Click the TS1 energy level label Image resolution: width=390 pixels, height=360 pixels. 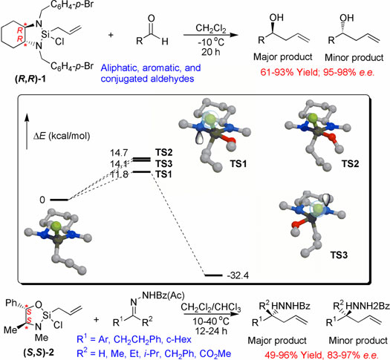pyautogui.click(x=163, y=174)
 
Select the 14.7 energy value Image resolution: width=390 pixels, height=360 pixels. pyautogui.click(x=119, y=153)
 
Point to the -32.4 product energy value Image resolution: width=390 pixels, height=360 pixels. pyautogui.click(x=238, y=275)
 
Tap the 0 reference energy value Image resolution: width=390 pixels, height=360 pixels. pyautogui.click(x=42, y=200)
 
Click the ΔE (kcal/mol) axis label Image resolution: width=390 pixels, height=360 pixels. pyautogui.click(x=62, y=136)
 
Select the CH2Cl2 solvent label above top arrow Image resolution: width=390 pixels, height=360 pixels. pyautogui.click(x=211, y=28)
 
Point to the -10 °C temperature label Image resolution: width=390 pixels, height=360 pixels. pyautogui.click(x=211, y=42)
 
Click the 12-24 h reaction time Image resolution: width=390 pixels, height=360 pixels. pyautogui.click(x=211, y=331)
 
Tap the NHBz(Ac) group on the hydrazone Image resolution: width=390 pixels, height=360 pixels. pyautogui.click(x=163, y=295)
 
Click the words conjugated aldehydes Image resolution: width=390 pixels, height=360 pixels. pyautogui.click(x=148, y=79)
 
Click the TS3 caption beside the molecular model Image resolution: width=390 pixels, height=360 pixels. pyautogui.click(x=339, y=255)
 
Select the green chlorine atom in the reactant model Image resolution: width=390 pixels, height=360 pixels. pyautogui.click(x=56, y=226)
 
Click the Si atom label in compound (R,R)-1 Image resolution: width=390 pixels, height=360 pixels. pyautogui.click(x=45, y=34)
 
